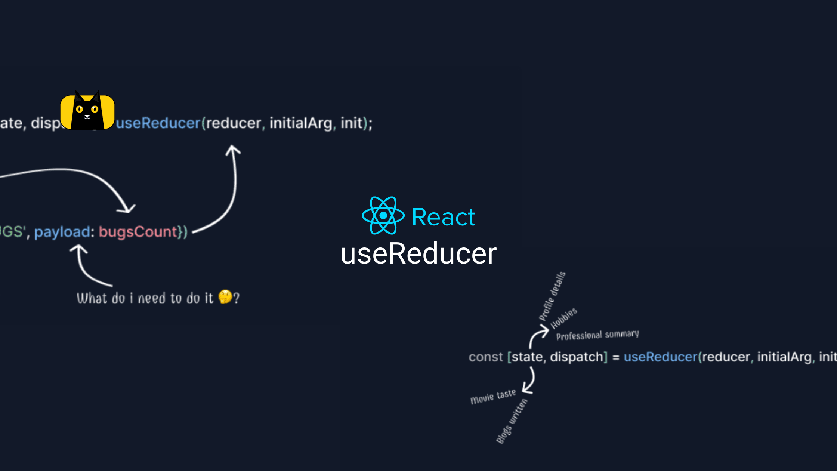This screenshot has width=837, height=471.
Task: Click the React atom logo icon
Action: coord(383,216)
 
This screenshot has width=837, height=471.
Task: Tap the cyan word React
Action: coord(444,217)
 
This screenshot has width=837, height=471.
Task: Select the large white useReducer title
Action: coord(418,253)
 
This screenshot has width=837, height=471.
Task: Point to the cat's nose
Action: coord(87,116)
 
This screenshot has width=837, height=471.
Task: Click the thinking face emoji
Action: coord(225,297)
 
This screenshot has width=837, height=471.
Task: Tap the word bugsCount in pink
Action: coord(138,232)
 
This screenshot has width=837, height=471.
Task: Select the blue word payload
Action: coord(62,232)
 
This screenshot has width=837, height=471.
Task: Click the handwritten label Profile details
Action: coord(552,296)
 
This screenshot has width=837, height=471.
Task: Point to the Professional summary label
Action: coord(597,335)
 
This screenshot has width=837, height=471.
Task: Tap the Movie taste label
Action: coord(493,397)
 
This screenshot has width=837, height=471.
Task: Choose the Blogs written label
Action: coord(512,421)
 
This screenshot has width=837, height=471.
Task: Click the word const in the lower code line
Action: coord(486,357)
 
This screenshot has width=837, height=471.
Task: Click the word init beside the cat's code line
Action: coord(352,123)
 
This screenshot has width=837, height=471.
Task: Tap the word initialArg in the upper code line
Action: coord(301,123)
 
